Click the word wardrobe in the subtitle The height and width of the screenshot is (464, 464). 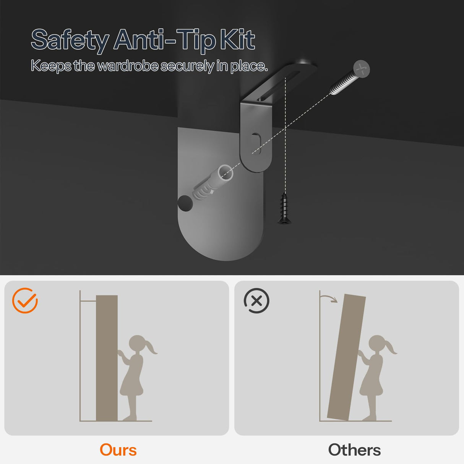coord(128,65)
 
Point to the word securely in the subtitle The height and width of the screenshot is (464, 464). coord(187,66)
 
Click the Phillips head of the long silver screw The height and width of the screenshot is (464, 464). coord(362,69)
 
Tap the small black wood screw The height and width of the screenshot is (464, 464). coord(284,209)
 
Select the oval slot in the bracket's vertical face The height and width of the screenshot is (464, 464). coord(256,144)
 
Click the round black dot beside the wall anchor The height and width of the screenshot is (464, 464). coord(185,203)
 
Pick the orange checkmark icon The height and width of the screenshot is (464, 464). coord(25,300)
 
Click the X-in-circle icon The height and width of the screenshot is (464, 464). coord(256,300)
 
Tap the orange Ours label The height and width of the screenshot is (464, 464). coord(118,450)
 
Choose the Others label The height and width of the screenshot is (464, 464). coord(354,450)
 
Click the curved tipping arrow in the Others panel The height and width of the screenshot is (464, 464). coord(328,297)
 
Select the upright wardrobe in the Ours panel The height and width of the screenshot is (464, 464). coord(107,358)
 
